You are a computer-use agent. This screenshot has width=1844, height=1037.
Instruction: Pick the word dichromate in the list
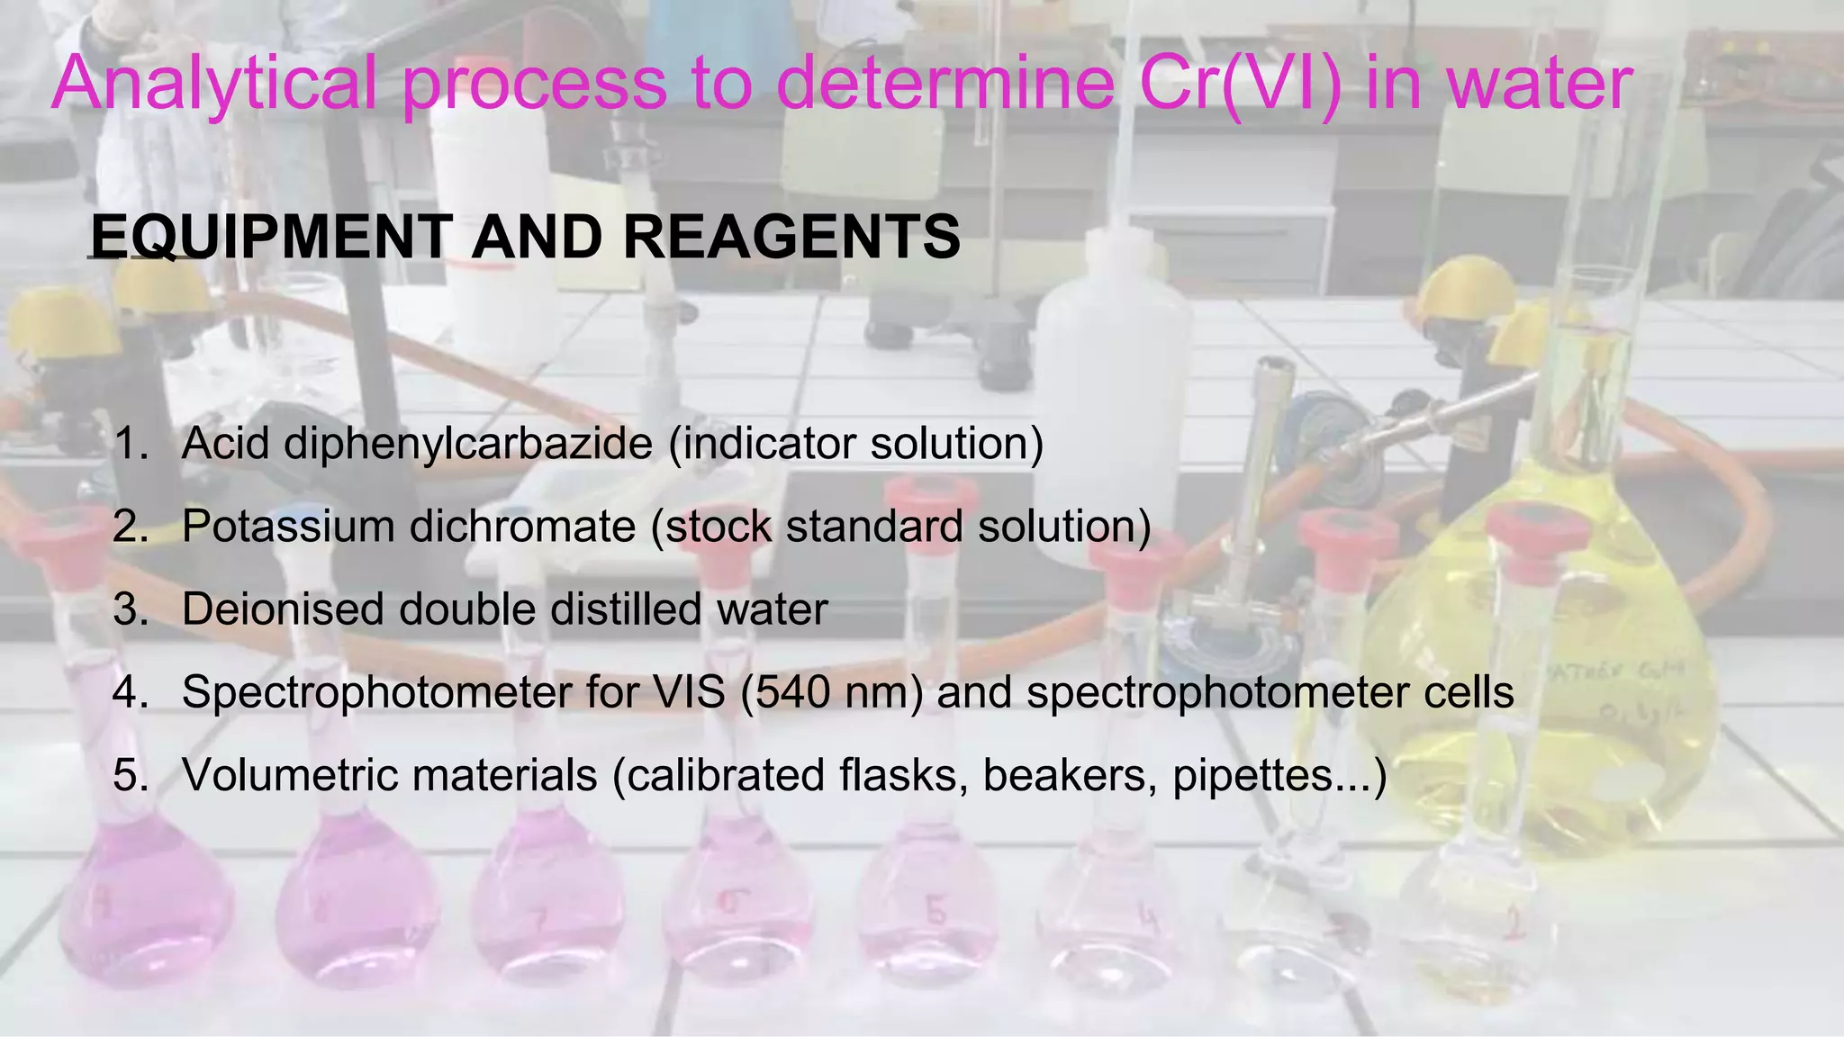point(522,526)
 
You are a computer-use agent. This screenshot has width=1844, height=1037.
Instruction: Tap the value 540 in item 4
point(792,692)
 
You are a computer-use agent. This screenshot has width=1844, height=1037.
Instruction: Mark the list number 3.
point(131,609)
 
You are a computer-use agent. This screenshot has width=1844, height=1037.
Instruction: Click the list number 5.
point(131,775)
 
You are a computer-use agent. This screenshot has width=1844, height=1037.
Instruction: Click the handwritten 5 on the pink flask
point(936,911)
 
